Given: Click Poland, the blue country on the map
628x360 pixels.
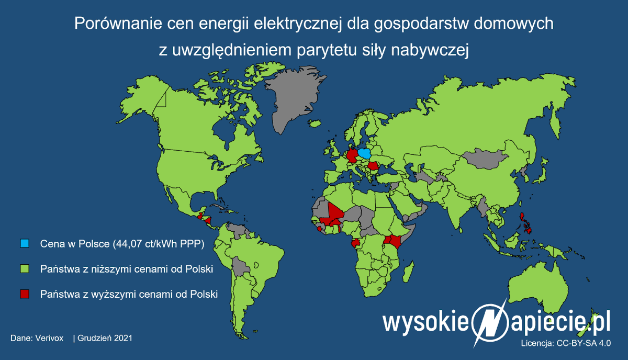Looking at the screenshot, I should (365, 154).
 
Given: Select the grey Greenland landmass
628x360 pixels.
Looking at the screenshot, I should (298, 99).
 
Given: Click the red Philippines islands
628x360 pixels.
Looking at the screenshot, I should (525, 222).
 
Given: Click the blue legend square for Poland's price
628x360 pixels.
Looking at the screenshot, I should (24, 244).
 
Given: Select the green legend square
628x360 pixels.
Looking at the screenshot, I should (24, 269).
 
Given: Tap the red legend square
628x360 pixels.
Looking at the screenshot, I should (24, 294).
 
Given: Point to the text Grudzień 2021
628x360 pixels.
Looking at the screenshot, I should (105, 338).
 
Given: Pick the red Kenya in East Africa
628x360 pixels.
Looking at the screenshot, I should (394, 241).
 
